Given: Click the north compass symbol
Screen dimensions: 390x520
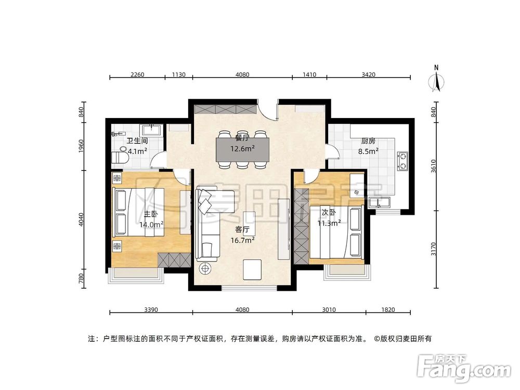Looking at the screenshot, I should point(437,81).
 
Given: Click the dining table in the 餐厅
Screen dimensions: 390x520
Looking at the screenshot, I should point(243,149).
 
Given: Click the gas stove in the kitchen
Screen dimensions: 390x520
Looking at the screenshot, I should point(402,161).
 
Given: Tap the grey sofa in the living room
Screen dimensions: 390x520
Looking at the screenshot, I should point(208,224).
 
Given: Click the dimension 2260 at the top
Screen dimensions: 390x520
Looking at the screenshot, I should point(137,74).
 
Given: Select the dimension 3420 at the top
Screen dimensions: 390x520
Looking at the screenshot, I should point(368,74).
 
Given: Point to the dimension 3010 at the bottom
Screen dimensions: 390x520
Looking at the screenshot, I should point(329,310).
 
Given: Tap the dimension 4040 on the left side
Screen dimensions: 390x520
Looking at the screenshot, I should point(81,219).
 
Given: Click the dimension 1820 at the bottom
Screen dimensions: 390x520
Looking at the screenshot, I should point(388,310).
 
